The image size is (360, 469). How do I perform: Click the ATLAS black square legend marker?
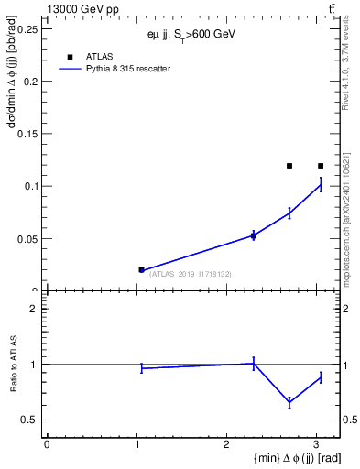pos(71,57)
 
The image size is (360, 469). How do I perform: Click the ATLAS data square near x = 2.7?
pos(289,166)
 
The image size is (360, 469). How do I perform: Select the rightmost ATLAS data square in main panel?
pos(321,166)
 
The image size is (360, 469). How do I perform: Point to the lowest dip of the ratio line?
pos(289,402)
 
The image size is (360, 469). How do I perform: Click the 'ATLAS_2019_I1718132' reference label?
pos(191,274)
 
